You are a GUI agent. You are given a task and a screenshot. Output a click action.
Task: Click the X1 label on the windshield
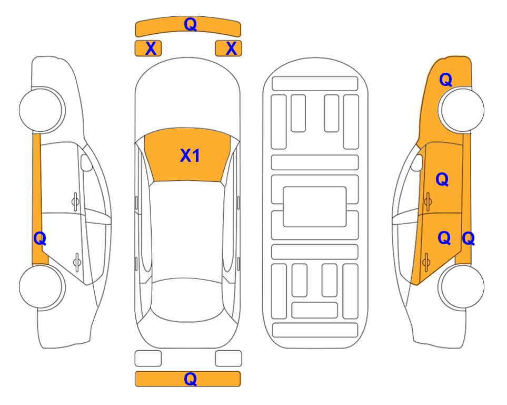(x=190, y=156)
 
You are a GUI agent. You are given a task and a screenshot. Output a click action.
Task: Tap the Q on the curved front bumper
(x=190, y=24)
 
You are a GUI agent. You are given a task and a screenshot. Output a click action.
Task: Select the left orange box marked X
(x=148, y=49)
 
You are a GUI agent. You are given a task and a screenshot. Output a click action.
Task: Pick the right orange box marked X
(x=228, y=49)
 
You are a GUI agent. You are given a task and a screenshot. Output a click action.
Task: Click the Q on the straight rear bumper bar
(x=190, y=379)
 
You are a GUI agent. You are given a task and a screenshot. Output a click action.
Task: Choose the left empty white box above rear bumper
(x=148, y=359)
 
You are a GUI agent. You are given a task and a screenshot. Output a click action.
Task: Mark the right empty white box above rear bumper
(x=228, y=359)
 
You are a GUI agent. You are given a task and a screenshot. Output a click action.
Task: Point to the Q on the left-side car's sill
(x=40, y=239)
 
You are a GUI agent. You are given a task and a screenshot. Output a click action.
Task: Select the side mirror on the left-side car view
(x=86, y=162)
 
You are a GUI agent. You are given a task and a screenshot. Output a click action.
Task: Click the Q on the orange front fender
(x=445, y=80)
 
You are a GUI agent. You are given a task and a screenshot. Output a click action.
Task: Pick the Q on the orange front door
(x=442, y=179)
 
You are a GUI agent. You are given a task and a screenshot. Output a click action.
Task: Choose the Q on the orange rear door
(x=444, y=238)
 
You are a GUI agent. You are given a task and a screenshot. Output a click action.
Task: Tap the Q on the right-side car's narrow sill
(x=468, y=239)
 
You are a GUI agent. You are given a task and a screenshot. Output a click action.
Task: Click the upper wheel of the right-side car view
(x=461, y=110)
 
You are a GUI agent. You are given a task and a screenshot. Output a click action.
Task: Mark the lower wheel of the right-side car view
(x=461, y=286)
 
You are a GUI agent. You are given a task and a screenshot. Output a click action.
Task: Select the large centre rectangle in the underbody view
(x=315, y=207)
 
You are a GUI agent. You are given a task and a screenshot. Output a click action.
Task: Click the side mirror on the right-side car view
(x=417, y=162)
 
